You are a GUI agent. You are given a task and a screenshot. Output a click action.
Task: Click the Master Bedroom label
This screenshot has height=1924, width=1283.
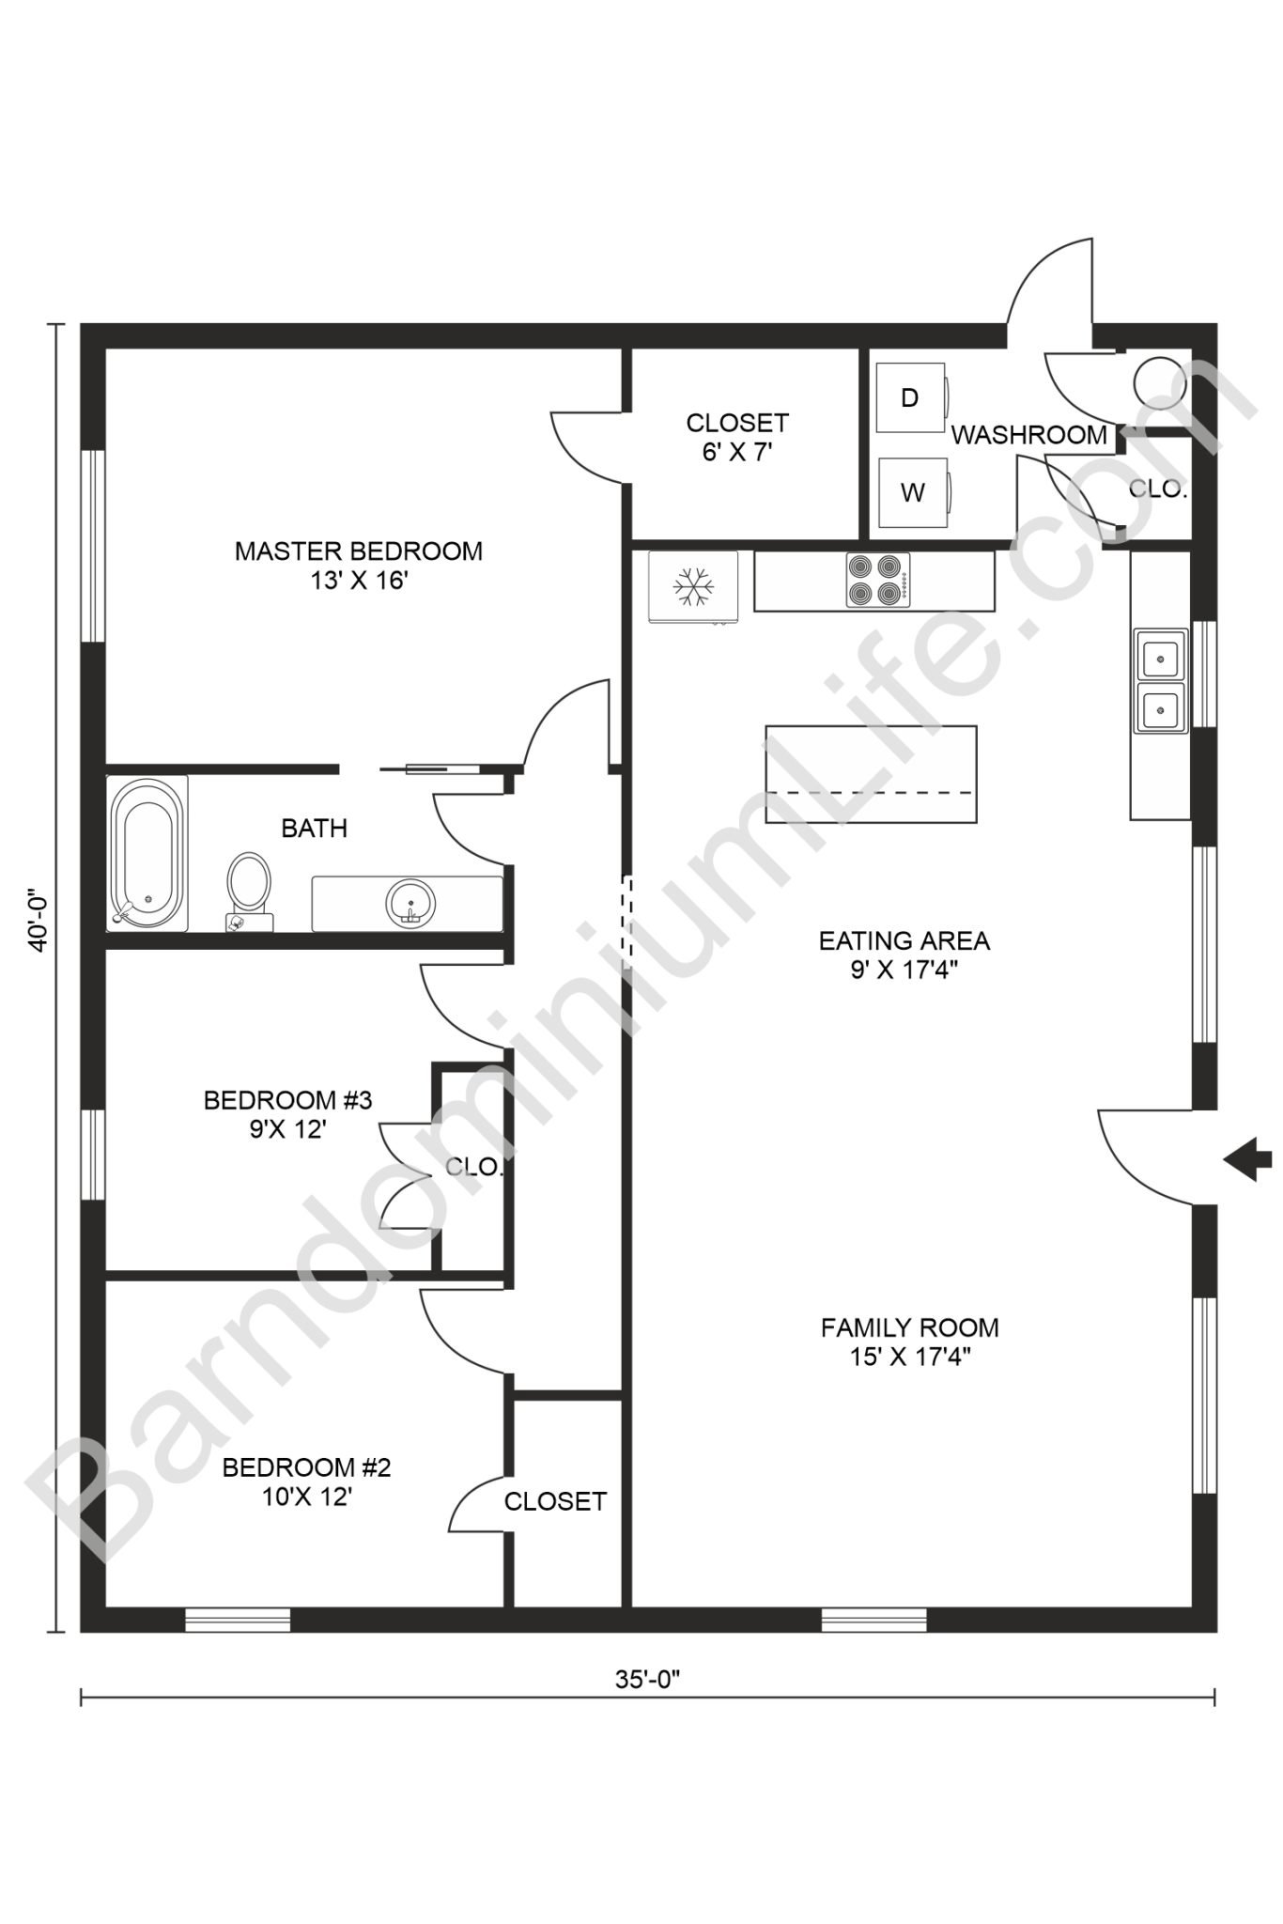358,565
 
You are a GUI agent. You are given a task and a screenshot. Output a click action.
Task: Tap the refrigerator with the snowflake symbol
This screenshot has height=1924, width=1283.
693,586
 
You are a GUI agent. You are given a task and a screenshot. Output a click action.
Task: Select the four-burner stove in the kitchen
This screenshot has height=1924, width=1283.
877,581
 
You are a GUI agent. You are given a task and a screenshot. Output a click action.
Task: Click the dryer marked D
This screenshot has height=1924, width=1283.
911,397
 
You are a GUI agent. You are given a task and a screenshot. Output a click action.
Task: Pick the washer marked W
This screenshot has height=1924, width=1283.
913,492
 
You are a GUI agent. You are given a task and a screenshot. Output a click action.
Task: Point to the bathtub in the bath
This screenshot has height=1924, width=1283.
147,852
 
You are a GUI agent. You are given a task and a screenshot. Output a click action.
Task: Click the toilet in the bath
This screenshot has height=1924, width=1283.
249,888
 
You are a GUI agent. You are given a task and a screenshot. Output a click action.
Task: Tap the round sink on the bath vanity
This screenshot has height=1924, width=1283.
410,903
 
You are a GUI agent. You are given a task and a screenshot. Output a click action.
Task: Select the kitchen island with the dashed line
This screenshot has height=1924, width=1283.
871,774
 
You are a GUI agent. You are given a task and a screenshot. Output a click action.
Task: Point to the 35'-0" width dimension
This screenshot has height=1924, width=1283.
647,1679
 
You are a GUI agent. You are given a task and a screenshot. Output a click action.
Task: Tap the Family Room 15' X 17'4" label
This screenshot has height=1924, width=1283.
909,1341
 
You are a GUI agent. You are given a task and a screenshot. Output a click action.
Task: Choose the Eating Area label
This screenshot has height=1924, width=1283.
904,954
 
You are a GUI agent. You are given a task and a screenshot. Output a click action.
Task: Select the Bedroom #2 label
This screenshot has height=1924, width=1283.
306,1481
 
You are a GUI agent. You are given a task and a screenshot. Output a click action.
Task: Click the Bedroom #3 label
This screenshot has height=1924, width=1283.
287,1113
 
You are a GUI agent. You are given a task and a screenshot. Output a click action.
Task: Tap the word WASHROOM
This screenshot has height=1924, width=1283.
1029,435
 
